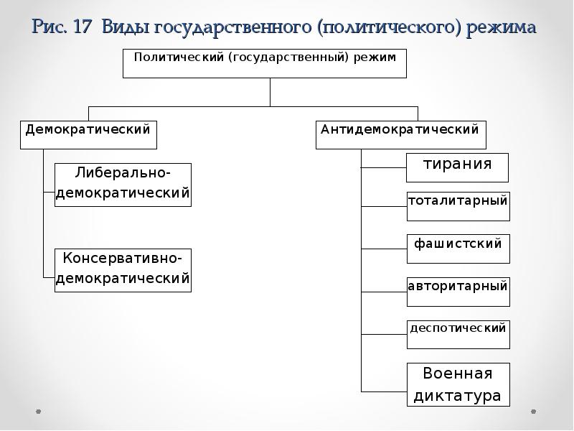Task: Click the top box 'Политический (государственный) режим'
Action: pyautogui.click(x=265, y=62)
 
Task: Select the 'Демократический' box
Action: pyautogui.click(x=88, y=134)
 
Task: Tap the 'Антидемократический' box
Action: pyautogui.click(x=401, y=134)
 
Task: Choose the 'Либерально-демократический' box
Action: pyautogui.click(x=123, y=185)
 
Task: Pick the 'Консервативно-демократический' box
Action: pyautogui.click(x=123, y=269)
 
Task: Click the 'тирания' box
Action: pyautogui.click(x=458, y=167)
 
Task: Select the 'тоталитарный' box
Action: pyautogui.click(x=458, y=206)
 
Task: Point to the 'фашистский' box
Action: pyautogui.click(x=458, y=249)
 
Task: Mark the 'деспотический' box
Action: pyautogui.click(x=458, y=334)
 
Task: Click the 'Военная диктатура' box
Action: pyautogui.click(x=458, y=385)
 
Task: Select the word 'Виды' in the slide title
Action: pyautogui.click(x=126, y=27)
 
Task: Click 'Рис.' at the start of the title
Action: pyautogui.click(x=49, y=27)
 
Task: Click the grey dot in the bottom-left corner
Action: pyautogui.click(x=39, y=412)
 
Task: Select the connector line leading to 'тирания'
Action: pyautogui.click(x=384, y=167)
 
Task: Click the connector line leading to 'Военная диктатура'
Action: pyautogui.click(x=384, y=391)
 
